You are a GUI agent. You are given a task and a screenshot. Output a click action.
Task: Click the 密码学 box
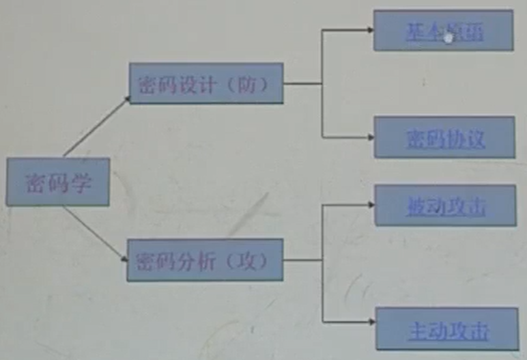pos(58,182)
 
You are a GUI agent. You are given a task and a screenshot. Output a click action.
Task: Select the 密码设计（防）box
pos(205,84)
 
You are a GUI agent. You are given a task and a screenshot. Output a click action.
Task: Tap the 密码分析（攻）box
pos(205,260)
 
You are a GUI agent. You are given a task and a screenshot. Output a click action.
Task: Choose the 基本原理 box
pos(443,31)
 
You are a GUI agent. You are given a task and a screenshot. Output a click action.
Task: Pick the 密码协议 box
pos(444,137)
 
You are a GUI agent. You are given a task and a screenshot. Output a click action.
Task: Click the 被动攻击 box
pos(444,206)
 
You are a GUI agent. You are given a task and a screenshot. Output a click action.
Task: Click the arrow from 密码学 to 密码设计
pos(96,127)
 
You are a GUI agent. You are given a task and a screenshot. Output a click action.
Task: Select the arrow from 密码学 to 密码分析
pos(96,234)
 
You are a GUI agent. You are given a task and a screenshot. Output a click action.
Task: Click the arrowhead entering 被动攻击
pos(369,204)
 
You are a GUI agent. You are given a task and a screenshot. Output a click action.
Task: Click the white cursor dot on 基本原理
pos(448,38)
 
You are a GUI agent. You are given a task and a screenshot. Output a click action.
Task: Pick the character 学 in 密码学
pos(81,183)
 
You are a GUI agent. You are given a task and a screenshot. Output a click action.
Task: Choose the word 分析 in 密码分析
pos(194,260)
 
